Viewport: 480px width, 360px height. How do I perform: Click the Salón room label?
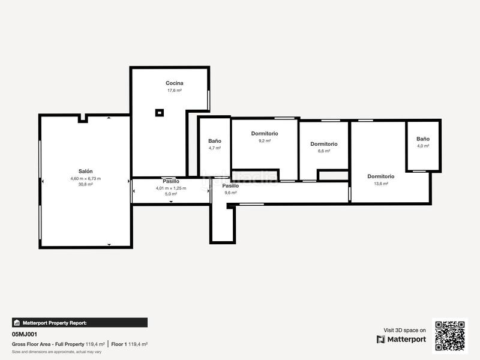coord(85,171)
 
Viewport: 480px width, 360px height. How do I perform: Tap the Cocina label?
coord(175,83)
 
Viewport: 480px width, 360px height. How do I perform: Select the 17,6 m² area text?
coord(175,91)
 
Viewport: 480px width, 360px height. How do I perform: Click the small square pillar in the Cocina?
coord(160,112)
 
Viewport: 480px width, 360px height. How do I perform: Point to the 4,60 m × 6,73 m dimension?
coord(85,178)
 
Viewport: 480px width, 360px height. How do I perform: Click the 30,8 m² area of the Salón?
coord(85,185)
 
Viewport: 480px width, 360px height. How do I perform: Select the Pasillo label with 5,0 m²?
coord(171,181)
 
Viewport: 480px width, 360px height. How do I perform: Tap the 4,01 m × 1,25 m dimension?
coord(171,188)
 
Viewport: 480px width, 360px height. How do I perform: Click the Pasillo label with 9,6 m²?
coord(231,186)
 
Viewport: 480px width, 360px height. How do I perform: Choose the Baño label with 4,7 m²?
coord(215,141)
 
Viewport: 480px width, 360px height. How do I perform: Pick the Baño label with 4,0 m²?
coord(423,139)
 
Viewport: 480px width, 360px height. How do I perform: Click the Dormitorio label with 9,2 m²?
coord(265,133)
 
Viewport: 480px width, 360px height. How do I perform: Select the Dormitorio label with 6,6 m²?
coord(324,144)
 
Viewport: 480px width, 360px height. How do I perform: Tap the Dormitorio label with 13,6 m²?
coord(381,176)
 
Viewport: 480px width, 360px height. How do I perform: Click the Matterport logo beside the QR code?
coord(401,339)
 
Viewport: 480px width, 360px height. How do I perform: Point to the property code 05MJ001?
coord(25,334)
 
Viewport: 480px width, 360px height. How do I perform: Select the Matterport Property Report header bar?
coord(79,322)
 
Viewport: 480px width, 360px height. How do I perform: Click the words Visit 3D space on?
coord(404,330)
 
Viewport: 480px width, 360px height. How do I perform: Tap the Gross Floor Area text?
coord(48,344)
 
